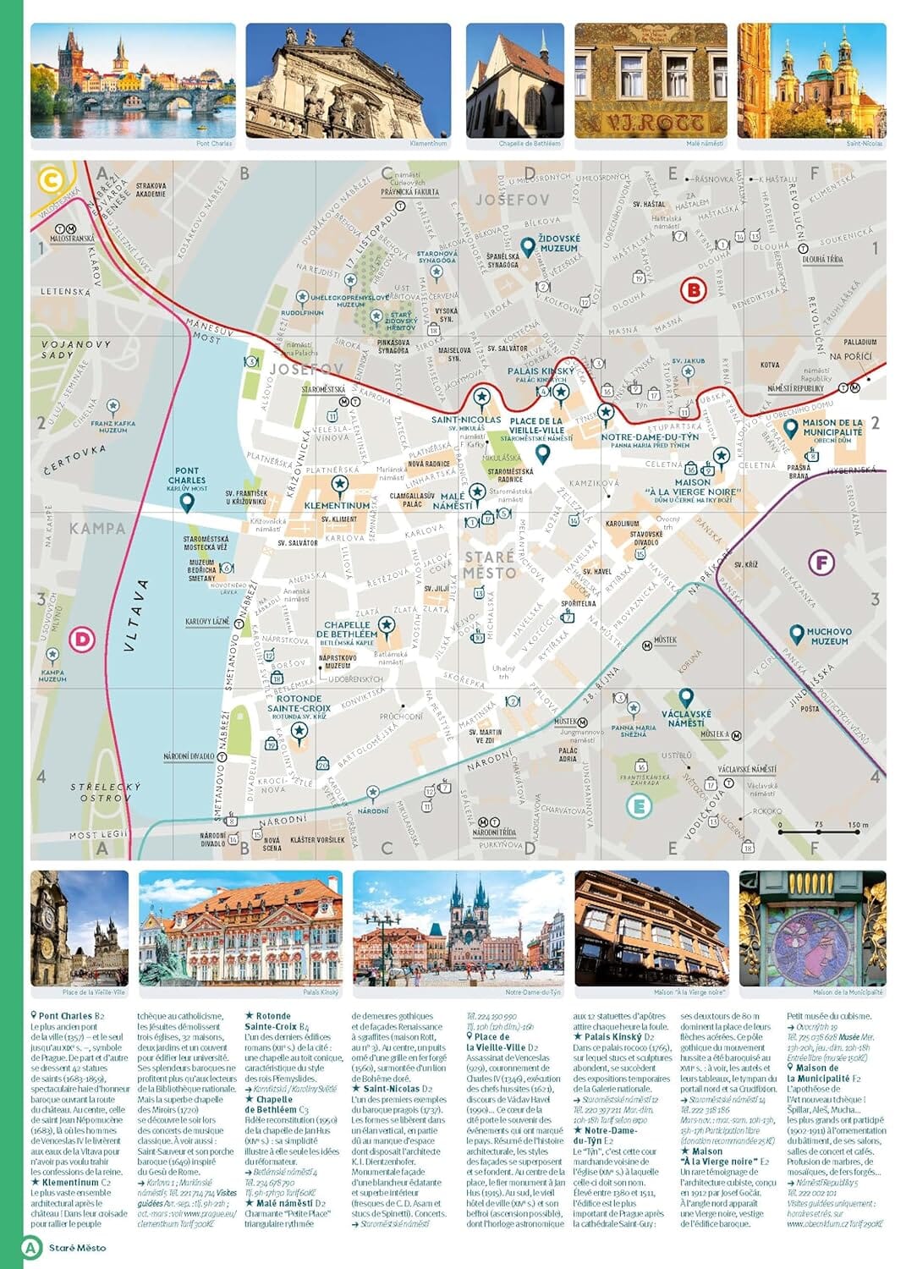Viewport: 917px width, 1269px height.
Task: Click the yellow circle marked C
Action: [x=50, y=180]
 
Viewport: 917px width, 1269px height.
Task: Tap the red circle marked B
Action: [x=693, y=290]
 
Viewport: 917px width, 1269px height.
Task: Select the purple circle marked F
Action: [x=821, y=563]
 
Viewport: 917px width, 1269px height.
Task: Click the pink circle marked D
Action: [x=82, y=639]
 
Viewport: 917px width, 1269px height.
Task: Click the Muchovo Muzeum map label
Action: [x=828, y=636]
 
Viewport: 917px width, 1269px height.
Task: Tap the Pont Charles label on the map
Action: [x=187, y=476]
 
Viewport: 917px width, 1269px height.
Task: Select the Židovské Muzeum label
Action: [x=559, y=244]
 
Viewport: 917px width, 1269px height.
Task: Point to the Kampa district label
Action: [x=97, y=529]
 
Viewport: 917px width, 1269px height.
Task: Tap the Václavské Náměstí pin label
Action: [x=686, y=718]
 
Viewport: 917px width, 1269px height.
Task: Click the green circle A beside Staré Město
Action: [x=31, y=1247]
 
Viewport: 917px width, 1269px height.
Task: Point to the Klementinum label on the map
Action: [x=337, y=505]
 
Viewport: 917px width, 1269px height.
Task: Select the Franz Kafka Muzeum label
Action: [x=113, y=426]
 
